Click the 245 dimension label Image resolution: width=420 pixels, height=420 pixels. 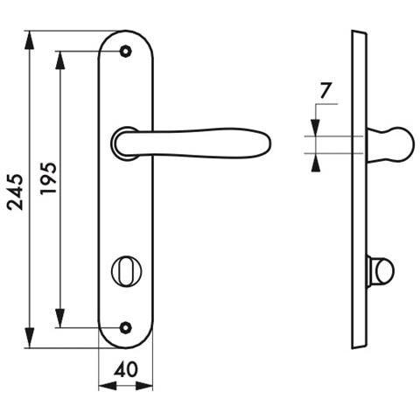coord(15,192)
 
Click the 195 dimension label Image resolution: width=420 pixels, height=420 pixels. coord(48,178)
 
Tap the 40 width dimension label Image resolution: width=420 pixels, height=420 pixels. coord(126,370)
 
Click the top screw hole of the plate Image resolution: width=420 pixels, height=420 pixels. coord(125,52)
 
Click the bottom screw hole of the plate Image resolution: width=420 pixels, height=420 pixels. coord(125,328)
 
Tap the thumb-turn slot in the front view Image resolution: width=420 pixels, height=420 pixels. coord(126,271)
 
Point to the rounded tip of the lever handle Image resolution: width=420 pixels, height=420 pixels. coord(268,143)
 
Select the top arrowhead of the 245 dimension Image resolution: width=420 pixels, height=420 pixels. coord(30,40)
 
